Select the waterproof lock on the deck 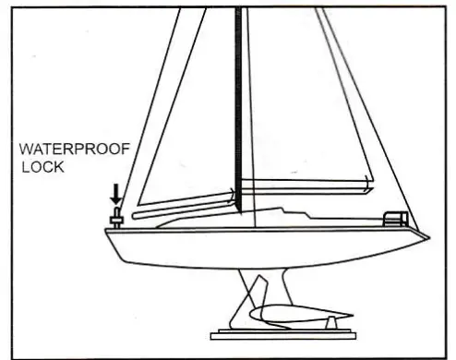click(116, 218)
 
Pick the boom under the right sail click(305, 184)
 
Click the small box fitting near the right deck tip click(395, 219)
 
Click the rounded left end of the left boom click(135, 215)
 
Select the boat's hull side click(258, 245)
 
